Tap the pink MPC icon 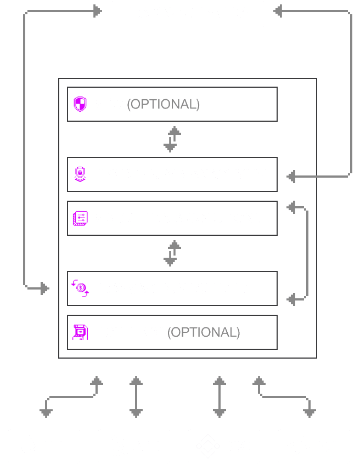tap(80, 104)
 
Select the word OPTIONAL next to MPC tap(163, 104)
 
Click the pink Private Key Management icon tap(80, 174)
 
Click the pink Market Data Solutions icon tap(80, 218)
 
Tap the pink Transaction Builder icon tap(80, 288)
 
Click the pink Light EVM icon tap(80, 332)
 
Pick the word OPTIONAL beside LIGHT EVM tap(204, 332)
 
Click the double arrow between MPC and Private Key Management tap(172, 139)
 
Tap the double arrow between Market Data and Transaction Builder tap(172, 253)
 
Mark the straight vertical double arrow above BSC tap(219, 396)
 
